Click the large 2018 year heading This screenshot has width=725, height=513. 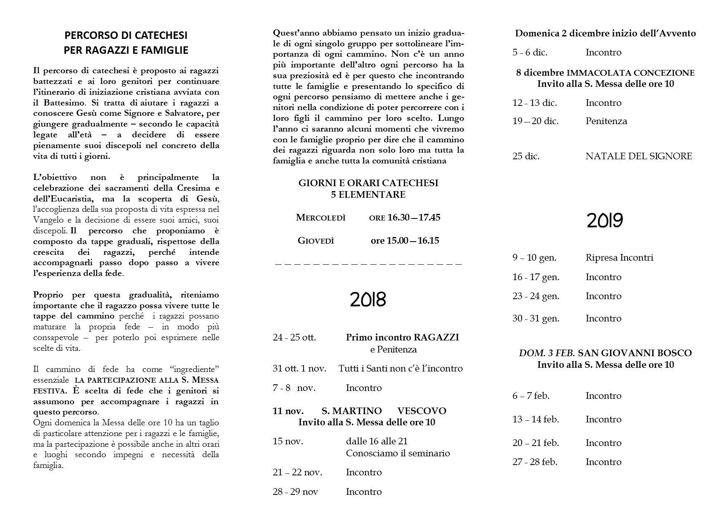tap(367, 300)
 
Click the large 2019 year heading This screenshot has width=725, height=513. tap(604, 221)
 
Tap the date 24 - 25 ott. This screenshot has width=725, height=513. tap(294, 338)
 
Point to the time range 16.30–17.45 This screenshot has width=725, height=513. tap(414, 218)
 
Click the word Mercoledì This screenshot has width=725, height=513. tap(320, 218)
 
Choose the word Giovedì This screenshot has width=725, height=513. tap(315, 241)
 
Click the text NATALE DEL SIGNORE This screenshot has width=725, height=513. tap(639, 156)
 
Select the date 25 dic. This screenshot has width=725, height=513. tap(526, 156)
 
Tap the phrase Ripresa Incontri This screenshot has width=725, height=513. tap(619, 258)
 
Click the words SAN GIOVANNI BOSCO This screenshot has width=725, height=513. tap(634, 353)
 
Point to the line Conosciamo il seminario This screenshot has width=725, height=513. tap(398, 453)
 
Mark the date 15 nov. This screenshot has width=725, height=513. tap(288, 441)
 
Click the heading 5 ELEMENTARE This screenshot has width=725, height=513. tap(368, 194)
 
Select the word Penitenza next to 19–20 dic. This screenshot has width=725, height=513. tap(606, 121)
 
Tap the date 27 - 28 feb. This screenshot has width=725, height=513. tap(535, 462)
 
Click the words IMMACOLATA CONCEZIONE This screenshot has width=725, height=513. tap(631, 73)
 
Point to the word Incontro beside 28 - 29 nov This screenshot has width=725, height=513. tap(364, 492)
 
